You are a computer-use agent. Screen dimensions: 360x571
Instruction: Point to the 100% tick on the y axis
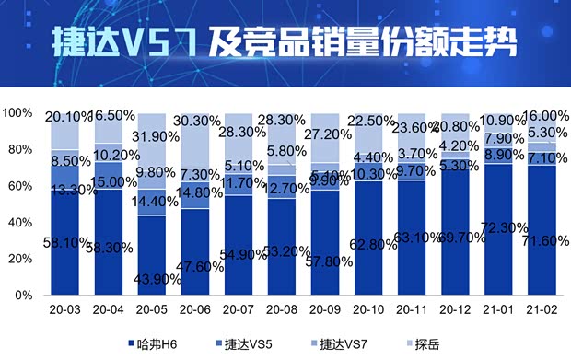point(17,113)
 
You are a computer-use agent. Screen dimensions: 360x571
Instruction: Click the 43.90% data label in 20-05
point(153,279)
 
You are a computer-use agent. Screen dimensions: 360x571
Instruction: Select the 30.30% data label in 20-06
point(196,121)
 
